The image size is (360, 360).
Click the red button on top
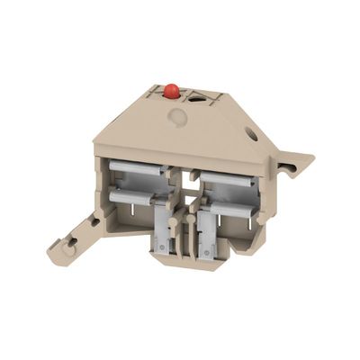click(x=171, y=91)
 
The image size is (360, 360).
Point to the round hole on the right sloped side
click(x=251, y=135)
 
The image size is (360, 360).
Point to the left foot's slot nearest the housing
click(x=93, y=219)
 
